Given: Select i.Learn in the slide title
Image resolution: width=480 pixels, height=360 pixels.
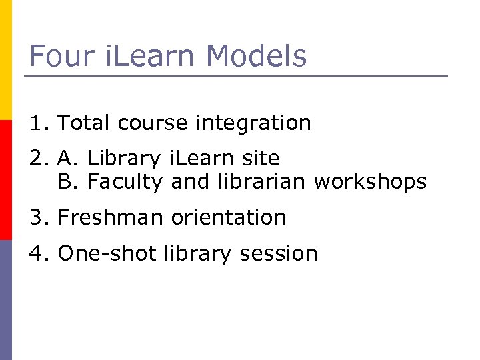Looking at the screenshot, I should [x=143, y=56].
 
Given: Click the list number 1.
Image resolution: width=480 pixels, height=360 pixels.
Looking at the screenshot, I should [x=37, y=123].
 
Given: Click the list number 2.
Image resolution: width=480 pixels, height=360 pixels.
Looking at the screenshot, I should [x=37, y=159].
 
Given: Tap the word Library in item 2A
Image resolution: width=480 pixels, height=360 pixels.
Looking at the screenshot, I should [x=123, y=159].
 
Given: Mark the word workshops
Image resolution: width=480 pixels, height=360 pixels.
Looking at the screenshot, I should [x=370, y=182].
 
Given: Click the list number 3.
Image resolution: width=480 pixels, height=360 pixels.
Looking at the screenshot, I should [x=37, y=218].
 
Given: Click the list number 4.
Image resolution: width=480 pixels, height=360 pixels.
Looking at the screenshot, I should [x=37, y=254].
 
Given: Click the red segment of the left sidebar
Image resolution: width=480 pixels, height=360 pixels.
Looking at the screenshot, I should [x=5, y=180].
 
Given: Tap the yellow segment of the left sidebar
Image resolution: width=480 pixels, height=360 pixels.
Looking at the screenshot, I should [x=5, y=60].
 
